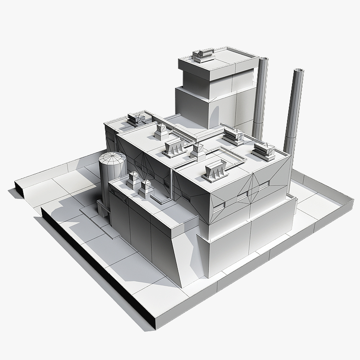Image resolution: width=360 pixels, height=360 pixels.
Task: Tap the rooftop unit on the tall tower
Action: click(x=203, y=55)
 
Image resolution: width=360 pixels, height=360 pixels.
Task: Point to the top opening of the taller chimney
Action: click(x=298, y=71)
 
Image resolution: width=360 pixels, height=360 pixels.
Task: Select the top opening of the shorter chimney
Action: click(x=264, y=59)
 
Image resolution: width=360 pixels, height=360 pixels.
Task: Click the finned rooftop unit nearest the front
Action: click(x=215, y=171)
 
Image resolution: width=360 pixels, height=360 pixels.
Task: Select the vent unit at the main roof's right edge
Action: click(x=264, y=151)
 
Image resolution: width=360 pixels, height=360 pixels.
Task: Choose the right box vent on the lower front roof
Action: click(x=146, y=188)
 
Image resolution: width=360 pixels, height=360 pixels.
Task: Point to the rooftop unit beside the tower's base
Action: click(x=234, y=135)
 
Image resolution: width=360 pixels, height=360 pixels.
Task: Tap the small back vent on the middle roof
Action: click(x=161, y=130)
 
